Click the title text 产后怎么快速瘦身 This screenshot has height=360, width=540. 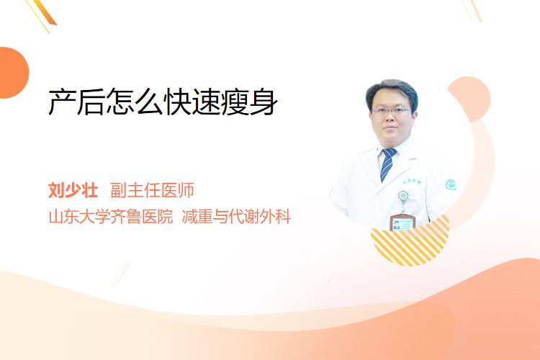point(163,102)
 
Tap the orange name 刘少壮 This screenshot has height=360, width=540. point(73,190)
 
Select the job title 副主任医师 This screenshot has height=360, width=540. point(152,190)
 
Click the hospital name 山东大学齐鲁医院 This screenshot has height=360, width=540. point(111,217)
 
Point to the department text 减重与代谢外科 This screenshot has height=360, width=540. point(236,217)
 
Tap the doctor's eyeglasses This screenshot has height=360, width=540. point(391,111)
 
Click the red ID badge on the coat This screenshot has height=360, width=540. point(402,222)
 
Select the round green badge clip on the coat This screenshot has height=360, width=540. point(403,196)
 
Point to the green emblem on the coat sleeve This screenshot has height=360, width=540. point(451,185)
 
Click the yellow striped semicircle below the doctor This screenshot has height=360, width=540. point(410,243)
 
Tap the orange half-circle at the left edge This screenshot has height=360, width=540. point(14,73)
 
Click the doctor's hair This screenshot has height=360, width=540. point(392,90)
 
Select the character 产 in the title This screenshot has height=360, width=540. point(62,102)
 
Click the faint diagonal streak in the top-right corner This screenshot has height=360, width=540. point(472,10)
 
